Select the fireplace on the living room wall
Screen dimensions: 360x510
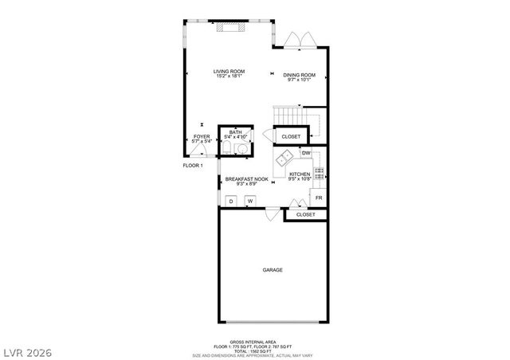point(231,26)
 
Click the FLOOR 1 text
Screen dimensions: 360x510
point(193,165)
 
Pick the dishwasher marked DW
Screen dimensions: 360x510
point(306,152)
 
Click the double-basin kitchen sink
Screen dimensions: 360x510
point(283,162)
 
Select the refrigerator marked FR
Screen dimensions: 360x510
point(318,198)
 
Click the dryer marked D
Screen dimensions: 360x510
point(231,202)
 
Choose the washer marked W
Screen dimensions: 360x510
point(249,202)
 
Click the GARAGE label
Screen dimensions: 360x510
point(273,270)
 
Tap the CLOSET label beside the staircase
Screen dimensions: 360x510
point(291,136)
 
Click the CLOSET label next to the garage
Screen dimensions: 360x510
point(305,215)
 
